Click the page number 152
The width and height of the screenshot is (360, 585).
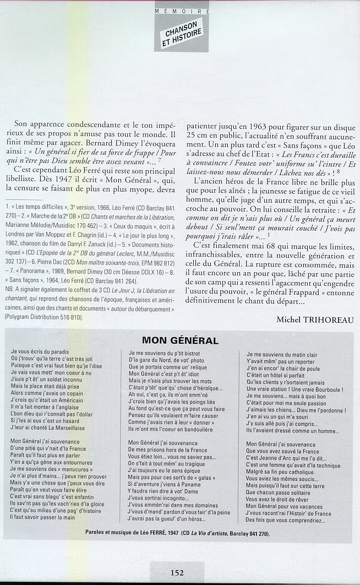(177, 572)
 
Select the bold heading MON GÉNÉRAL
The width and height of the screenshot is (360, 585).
(180, 341)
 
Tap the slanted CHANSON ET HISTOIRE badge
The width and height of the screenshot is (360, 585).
(182, 34)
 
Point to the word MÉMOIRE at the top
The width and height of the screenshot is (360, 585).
(181, 11)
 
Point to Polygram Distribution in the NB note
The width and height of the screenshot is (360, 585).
(40, 317)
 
